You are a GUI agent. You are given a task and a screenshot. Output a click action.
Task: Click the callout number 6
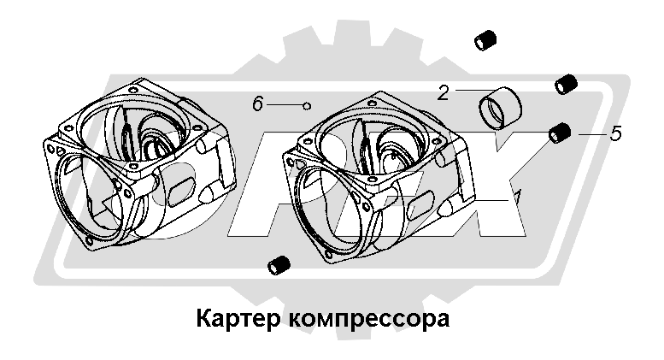(x=258, y=104)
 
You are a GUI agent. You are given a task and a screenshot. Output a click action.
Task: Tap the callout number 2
(x=443, y=92)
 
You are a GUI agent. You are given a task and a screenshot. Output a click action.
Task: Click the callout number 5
(x=614, y=133)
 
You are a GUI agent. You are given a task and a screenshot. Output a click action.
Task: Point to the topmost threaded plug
(x=486, y=39)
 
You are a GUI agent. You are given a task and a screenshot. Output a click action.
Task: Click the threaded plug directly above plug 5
(x=565, y=84)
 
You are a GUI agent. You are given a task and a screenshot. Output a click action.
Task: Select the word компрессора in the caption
(x=370, y=322)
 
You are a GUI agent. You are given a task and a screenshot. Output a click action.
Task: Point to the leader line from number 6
(x=285, y=104)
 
